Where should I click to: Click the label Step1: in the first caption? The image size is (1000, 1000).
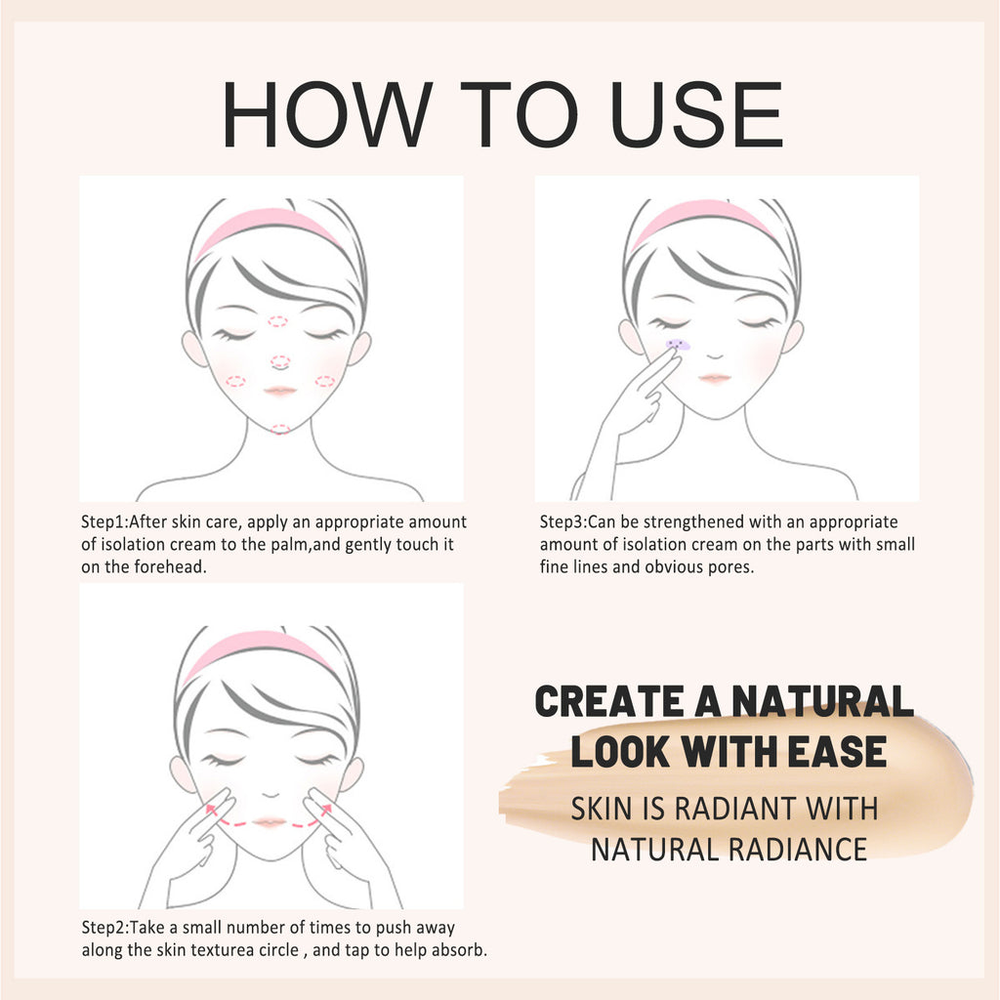click(x=104, y=522)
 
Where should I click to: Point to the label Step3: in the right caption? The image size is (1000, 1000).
click(x=563, y=522)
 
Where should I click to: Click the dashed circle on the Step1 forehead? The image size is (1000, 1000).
click(x=278, y=321)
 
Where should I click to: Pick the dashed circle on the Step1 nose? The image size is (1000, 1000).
click(x=280, y=362)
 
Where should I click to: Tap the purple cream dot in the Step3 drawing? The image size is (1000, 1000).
click(x=677, y=345)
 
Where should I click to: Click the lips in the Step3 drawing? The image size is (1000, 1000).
click(x=715, y=378)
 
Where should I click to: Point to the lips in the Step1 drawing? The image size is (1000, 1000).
click(x=280, y=390)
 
